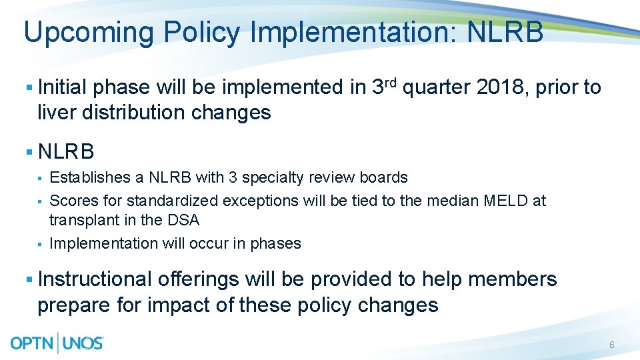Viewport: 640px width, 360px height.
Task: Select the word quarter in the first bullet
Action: [436, 87]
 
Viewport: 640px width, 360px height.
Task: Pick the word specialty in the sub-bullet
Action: [270, 177]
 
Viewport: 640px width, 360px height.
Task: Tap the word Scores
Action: [69, 200]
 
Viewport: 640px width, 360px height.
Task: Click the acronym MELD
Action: [509, 200]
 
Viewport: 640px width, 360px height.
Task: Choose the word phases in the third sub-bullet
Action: [276, 243]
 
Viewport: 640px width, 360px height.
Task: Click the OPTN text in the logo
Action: [33, 343]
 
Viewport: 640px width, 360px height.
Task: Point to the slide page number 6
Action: [611, 345]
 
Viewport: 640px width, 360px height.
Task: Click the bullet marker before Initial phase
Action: [28, 88]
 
